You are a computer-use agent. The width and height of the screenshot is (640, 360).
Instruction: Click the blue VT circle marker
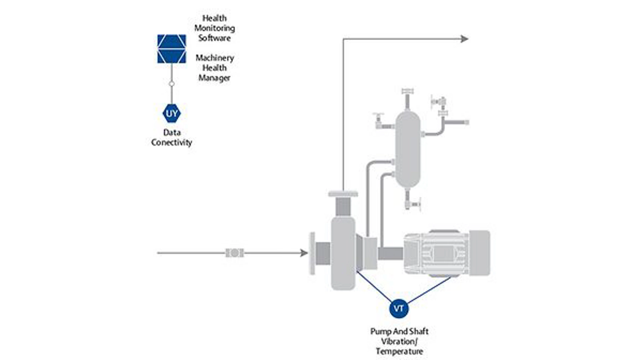(399, 308)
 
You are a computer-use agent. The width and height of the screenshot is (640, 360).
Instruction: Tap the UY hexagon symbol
(172, 113)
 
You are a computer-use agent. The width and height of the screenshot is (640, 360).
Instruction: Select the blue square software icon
(172, 49)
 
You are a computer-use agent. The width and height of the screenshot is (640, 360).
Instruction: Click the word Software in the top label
(214, 38)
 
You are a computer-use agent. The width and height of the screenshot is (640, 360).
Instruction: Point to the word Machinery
(215, 58)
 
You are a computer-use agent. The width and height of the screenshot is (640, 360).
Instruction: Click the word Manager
(214, 78)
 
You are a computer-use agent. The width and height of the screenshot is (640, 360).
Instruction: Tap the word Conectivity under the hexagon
(172, 143)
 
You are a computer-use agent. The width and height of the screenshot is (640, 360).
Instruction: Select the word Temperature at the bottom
(399, 351)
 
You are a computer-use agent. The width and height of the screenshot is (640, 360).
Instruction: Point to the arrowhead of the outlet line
(464, 39)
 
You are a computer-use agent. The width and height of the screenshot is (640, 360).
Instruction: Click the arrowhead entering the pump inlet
(304, 253)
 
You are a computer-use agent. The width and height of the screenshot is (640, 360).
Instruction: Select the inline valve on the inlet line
(235, 253)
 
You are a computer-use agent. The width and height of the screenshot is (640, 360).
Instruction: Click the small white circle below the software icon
(172, 84)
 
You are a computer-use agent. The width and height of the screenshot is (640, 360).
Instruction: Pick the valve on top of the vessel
(407, 92)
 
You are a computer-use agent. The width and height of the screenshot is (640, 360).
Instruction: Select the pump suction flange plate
(312, 253)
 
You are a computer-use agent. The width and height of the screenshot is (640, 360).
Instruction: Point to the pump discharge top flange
(343, 194)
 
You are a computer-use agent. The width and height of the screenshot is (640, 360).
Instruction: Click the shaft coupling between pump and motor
(390, 254)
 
